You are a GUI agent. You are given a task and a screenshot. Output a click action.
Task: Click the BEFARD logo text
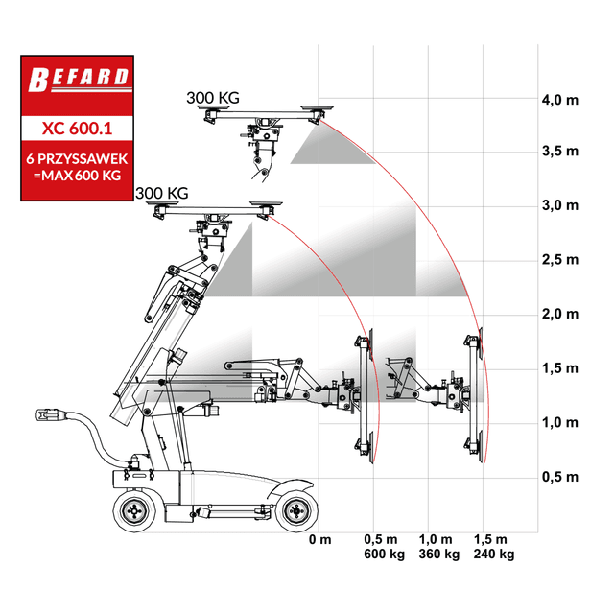coord(79,80)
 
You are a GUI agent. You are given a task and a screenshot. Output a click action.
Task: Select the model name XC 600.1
coord(77,129)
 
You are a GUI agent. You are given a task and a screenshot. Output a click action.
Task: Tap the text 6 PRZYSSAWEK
coord(77,158)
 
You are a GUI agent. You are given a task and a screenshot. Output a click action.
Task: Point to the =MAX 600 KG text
coord(77,175)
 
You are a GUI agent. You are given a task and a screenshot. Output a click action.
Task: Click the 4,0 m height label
coord(560,100)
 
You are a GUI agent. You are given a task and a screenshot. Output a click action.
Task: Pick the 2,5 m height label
coord(560,260)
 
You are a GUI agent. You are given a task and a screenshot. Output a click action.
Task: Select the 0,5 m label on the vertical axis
coord(560,477)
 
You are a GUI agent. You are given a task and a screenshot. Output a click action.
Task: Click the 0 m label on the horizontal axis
coord(319,539)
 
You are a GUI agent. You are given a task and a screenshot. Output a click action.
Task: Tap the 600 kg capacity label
coord(384,555)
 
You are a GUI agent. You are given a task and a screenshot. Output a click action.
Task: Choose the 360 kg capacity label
coord(439,555)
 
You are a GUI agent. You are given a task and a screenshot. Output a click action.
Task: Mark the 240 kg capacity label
coord(494,555)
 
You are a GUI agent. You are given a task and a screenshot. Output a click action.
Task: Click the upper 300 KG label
coord(213,98)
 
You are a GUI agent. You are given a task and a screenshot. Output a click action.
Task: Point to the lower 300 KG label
coord(162,194)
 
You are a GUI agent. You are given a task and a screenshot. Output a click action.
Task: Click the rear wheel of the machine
coord(134,510)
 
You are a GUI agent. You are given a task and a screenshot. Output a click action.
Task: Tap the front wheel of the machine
coord(296,510)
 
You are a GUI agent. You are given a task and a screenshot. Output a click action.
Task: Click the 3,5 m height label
coord(560,152)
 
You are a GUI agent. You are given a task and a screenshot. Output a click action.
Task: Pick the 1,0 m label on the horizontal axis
coord(436,539)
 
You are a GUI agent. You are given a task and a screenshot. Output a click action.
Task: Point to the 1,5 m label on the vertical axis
coord(560,368)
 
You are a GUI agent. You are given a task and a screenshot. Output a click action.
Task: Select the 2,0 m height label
coord(560,314)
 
